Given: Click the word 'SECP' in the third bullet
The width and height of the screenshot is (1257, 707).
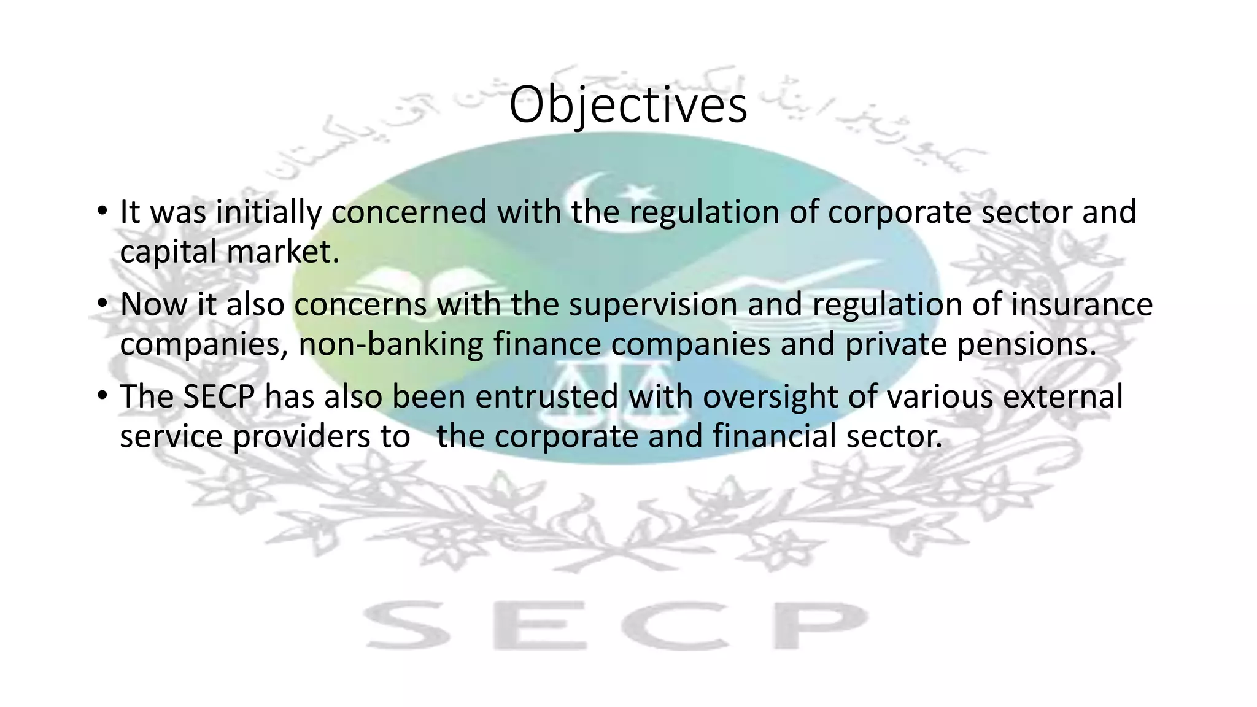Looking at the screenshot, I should pyautogui.click(x=219, y=397).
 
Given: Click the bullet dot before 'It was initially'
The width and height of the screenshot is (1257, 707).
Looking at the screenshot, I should pyautogui.click(x=102, y=211).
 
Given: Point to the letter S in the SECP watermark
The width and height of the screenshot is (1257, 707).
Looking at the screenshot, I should pyautogui.click(x=406, y=625).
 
